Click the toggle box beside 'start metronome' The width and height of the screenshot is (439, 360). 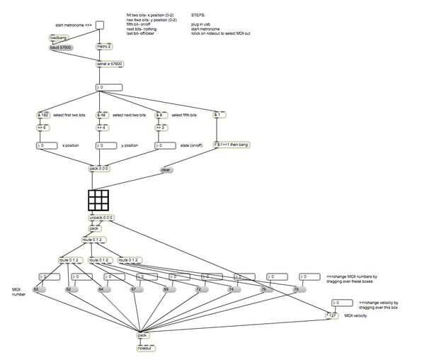pyautogui.click(x=99, y=26)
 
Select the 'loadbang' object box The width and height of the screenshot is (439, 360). pyautogui.click(x=59, y=38)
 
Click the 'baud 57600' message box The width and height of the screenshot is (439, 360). pyautogui.click(x=60, y=47)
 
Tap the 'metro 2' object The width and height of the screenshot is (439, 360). pyautogui.click(x=105, y=47)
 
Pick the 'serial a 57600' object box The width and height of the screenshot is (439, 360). pyautogui.click(x=110, y=64)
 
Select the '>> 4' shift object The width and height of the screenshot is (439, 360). pyautogui.click(x=102, y=128)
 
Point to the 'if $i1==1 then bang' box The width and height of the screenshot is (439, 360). pyautogui.click(x=231, y=145)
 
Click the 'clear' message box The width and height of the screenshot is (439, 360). pyautogui.click(x=166, y=170)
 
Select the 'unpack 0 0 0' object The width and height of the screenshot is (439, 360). pyautogui.click(x=101, y=218)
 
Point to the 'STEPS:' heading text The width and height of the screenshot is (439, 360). pyautogui.click(x=198, y=15)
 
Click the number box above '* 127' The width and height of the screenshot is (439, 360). pyautogui.click(x=342, y=303)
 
